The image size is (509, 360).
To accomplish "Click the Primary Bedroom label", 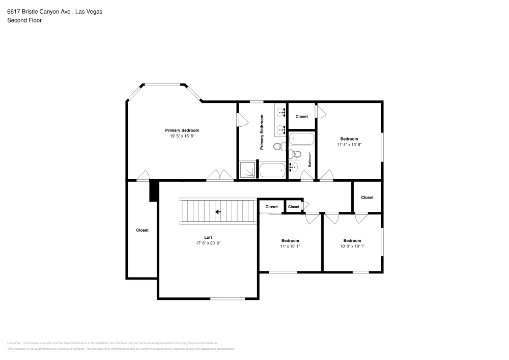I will point(182,130).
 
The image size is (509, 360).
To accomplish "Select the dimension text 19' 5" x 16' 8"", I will point(182,136).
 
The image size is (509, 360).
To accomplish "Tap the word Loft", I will point(208,237).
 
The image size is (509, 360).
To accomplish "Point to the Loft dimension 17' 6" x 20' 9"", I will point(208,243).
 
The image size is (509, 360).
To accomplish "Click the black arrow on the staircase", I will point(217,212).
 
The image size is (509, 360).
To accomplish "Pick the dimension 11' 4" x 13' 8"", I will point(349,145).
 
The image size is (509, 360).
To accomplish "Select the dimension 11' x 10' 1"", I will point(290,246).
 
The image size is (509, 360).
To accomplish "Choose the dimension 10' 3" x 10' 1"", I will point(352,246).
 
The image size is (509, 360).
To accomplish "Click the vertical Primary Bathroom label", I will point(262,132).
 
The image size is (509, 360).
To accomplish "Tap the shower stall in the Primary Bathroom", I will point(247,170).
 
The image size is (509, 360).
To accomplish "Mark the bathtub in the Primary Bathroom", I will point(273,170).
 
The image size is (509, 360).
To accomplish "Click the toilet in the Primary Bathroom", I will point(278,147).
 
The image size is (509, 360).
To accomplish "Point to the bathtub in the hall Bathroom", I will point(301,139).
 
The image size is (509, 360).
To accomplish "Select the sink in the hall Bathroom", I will point(293,167).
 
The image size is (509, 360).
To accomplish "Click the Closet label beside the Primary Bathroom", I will point(302,117).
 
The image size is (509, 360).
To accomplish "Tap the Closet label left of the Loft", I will point(143,230).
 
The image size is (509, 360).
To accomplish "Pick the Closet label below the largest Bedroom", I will point(367,198).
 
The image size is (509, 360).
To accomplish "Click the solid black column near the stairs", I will point(152,192).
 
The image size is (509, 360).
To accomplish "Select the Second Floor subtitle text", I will point(24,20).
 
